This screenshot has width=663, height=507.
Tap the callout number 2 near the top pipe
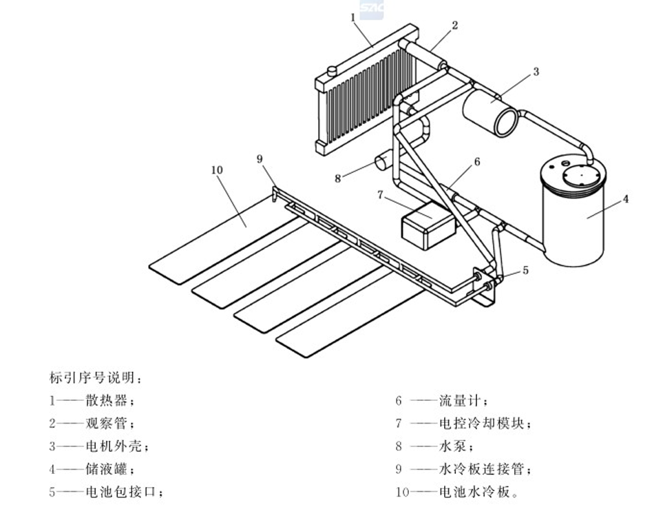click(x=455, y=25)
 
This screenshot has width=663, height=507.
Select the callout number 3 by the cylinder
click(x=535, y=71)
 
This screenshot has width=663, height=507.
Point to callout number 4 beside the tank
click(x=626, y=199)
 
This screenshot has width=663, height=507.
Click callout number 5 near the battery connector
click(x=525, y=271)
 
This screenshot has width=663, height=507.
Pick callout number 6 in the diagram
click(x=476, y=163)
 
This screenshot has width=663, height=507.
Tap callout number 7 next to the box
click(x=379, y=195)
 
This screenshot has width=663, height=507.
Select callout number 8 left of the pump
click(x=337, y=178)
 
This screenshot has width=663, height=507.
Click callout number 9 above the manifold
click(x=260, y=159)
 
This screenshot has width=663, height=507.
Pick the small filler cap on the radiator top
click(x=331, y=70)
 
